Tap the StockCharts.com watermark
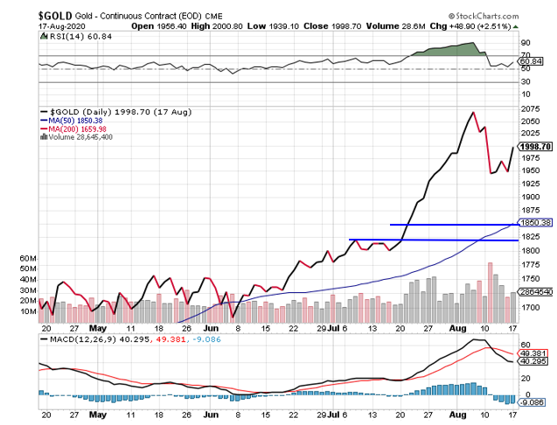(503, 15)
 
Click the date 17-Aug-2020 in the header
(29, 26)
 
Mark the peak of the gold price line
(473, 112)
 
